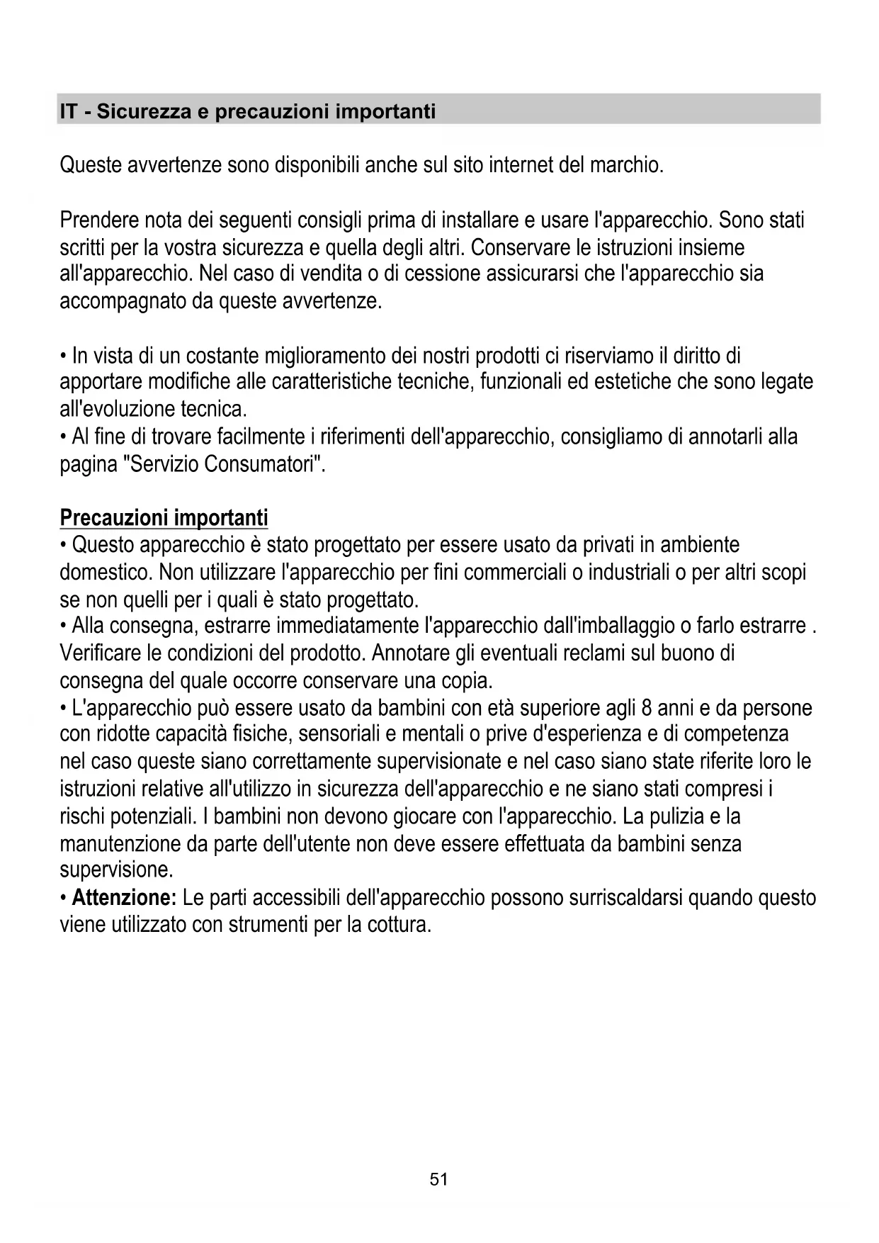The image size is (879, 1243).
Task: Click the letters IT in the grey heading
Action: point(69,112)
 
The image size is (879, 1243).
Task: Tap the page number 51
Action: point(439,1179)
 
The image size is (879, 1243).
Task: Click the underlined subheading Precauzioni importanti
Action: point(164,518)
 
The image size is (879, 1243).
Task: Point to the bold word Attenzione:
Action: point(124,898)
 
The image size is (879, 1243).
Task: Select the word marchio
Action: point(627,165)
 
